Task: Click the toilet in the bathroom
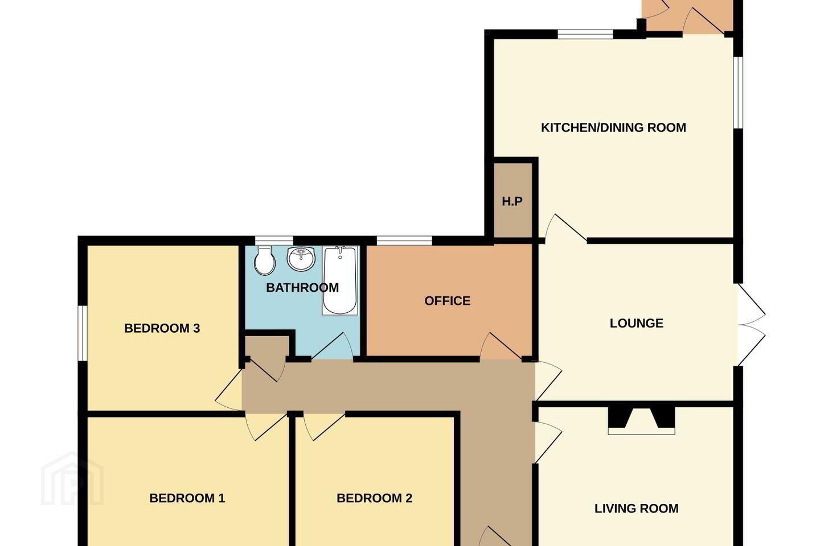click(265, 260)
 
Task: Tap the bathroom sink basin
click(301, 258)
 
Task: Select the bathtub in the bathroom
click(340, 280)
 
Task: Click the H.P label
click(512, 201)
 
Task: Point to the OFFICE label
click(448, 301)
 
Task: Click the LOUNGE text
click(637, 323)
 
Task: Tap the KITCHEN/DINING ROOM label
click(613, 127)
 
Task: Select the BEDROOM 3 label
click(162, 328)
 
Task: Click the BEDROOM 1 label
click(187, 498)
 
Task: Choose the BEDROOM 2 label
click(375, 498)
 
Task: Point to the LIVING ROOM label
click(637, 508)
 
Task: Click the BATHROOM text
click(302, 288)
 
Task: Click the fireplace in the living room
click(641, 420)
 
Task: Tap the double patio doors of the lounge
click(751, 325)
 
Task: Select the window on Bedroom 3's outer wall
click(83, 333)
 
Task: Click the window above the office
click(404, 241)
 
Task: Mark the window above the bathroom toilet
click(274, 241)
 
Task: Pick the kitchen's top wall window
click(585, 34)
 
